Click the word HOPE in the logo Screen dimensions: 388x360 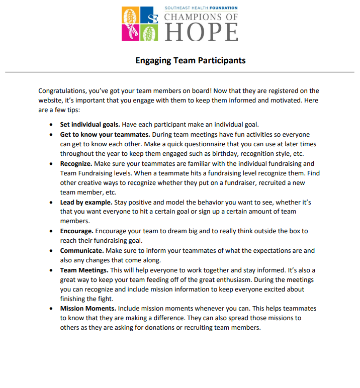tap(201, 32)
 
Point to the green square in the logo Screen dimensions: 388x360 tap(149, 33)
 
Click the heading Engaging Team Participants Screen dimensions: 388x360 tap(190, 60)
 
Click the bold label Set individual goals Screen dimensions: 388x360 tap(90, 124)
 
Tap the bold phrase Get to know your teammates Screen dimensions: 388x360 tap(105, 135)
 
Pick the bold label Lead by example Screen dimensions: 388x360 tap(86, 202)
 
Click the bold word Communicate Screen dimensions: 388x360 tap(82, 250)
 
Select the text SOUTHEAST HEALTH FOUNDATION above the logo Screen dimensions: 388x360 tap(201, 8)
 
